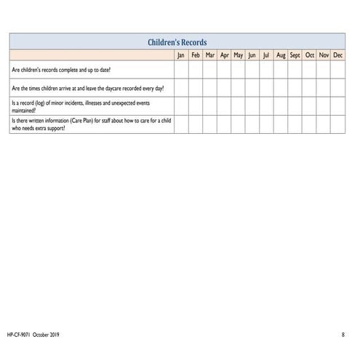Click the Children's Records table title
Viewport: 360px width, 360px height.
click(177, 42)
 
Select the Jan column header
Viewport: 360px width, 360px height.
click(181, 55)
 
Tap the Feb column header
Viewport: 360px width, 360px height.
click(196, 55)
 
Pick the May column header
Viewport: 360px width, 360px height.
click(238, 55)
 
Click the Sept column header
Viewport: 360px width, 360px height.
click(295, 55)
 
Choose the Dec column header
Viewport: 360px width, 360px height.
click(338, 55)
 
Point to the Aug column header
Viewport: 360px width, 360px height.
click(281, 55)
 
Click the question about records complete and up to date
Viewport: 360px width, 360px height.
click(61, 71)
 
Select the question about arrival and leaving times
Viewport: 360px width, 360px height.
click(87, 88)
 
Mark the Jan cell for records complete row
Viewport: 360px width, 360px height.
click(181, 71)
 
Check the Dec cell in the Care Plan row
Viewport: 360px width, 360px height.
click(338, 124)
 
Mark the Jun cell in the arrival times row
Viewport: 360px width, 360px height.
click(252, 88)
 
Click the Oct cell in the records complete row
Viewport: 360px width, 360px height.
click(310, 71)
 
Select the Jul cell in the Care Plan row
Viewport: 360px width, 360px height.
click(266, 124)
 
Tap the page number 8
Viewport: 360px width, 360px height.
click(343, 335)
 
